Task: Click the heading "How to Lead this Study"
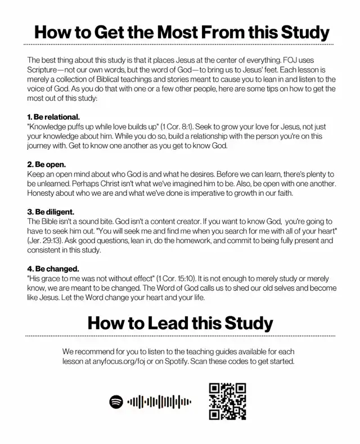(x=180, y=323)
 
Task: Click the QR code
(x=227, y=401)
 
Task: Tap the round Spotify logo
(x=116, y=401)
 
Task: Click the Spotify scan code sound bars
(x=159, y=401)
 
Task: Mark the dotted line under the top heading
(x=180, y=44)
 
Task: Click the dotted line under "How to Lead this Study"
(x=180, y=336)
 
